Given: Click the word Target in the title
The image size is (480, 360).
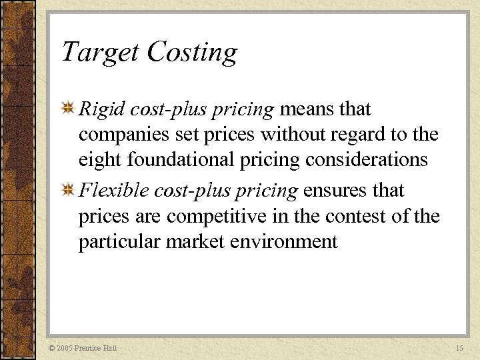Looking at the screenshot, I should (100, 52).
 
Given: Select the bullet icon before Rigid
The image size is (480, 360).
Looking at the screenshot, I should (68, 108).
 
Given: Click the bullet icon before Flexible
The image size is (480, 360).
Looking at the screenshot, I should (68, 191).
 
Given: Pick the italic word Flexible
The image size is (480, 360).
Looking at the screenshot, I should (113, 191).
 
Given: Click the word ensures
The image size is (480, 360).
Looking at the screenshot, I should (334, 191).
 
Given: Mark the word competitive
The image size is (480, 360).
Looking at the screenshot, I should (221, 217).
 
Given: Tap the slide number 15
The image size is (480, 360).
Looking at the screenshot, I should (459, 349).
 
